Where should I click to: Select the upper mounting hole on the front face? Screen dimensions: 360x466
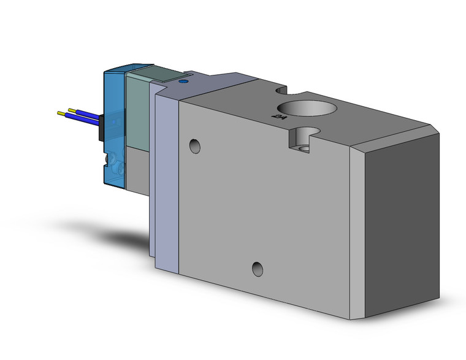195,146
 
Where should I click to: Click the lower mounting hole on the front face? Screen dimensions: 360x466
258,268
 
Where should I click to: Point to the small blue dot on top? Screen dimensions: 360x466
182,81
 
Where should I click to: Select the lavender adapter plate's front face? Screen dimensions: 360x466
167,184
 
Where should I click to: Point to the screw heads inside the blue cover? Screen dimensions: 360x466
115,163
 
